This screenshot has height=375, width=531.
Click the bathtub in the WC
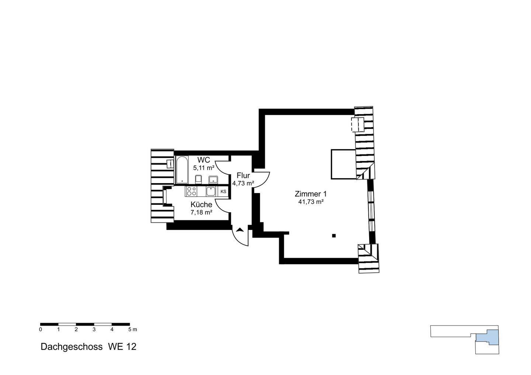point(181,170)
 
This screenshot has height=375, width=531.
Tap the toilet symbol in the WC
point(198,179)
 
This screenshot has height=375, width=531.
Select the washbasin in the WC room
point(213,179)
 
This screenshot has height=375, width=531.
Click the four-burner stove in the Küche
point(191,191)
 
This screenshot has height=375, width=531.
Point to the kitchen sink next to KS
point(211,191)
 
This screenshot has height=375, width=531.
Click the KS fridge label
point(223,192)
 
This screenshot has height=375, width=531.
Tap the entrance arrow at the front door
point(240,230)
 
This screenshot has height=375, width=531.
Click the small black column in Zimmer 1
point(334,235)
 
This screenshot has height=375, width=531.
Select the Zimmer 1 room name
point(310,194)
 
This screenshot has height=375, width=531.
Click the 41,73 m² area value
point(311,202)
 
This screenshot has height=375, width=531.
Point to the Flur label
point(243,176)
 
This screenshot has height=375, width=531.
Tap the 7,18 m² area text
point(201,212)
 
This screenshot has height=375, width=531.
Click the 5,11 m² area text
point(204,168)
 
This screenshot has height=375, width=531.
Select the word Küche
point(201,204)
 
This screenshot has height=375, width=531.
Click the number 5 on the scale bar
point(129,329)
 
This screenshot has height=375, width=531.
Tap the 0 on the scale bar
point(41,329)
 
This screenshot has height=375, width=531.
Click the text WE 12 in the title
point(122,347)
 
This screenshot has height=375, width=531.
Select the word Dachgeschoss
point(72,347)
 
